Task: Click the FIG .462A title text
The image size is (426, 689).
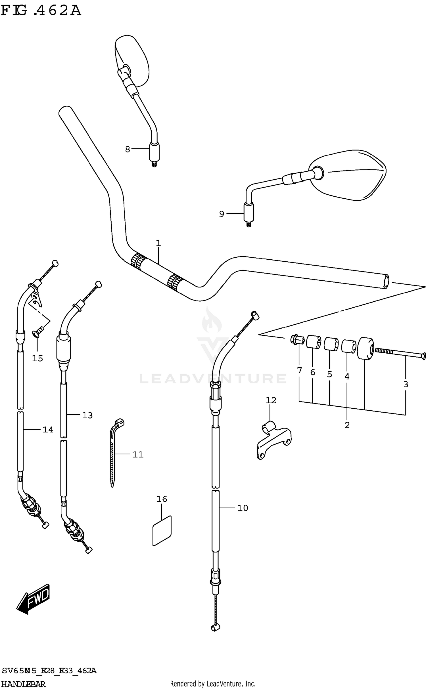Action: pyautogui.click(x=41, y=11)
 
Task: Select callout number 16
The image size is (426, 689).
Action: pyautogui.click(x=162, y=499)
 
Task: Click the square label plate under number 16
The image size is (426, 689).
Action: pyautogui.click(x=162, y=531)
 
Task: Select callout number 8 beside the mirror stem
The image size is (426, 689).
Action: pyautogui.click(x=128, y=149)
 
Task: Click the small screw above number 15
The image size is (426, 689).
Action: pyautogui.click(x=38, y=331)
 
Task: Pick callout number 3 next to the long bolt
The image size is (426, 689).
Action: pyautogui.click(x=406, y=384)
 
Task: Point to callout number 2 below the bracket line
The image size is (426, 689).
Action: pyautogui.click(x=347, y=425)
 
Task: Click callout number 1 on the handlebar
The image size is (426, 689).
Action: pyautogui.click(x=158, y=243)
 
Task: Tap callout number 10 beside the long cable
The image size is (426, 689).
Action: pyautogui.click(x=243, y=508)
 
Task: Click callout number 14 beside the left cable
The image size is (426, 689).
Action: pyautogui.click(x=48, y=430)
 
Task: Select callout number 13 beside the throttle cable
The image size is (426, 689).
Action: pyautogui.click(x=87, y=415)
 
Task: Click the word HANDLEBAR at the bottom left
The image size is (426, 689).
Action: pyautogui.click(x=23, y=684)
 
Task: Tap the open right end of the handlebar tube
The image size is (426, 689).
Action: pyautogui.click(x=386, y=282)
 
